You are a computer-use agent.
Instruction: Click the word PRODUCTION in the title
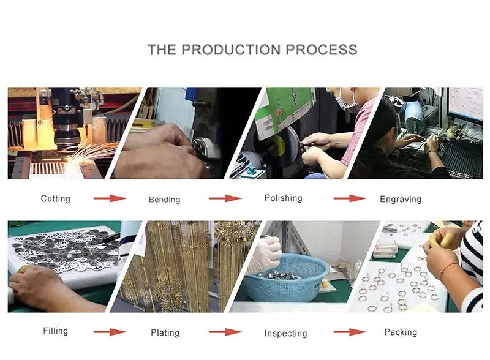(x=231, y=50)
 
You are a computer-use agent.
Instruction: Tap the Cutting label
(x=55, y=199)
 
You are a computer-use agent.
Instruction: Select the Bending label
(x=164, y=200)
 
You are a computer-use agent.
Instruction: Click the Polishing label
(x=284, y=198)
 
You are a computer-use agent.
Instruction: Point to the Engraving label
(x=401, y=200)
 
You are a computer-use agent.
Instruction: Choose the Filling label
(x=55, y=331)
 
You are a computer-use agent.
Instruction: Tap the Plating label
(x=165, y=333)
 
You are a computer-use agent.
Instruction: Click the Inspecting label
(x=285, y=334)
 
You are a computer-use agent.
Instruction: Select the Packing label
(x=401, y=332)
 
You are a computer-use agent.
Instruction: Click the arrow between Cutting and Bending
(x=110, y=198)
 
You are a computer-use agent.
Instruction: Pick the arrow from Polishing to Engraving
(x=350, y=198)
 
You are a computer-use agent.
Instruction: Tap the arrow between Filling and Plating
(x=110, y=332)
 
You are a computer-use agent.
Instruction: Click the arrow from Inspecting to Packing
(x=350, y=332)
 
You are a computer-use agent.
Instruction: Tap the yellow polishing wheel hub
(x=277, y=144)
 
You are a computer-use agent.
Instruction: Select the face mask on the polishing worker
(x=346, y=100)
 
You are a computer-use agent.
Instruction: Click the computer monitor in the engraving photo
(x=465, y=105)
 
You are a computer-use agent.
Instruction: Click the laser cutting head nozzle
(x=67, y=139)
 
